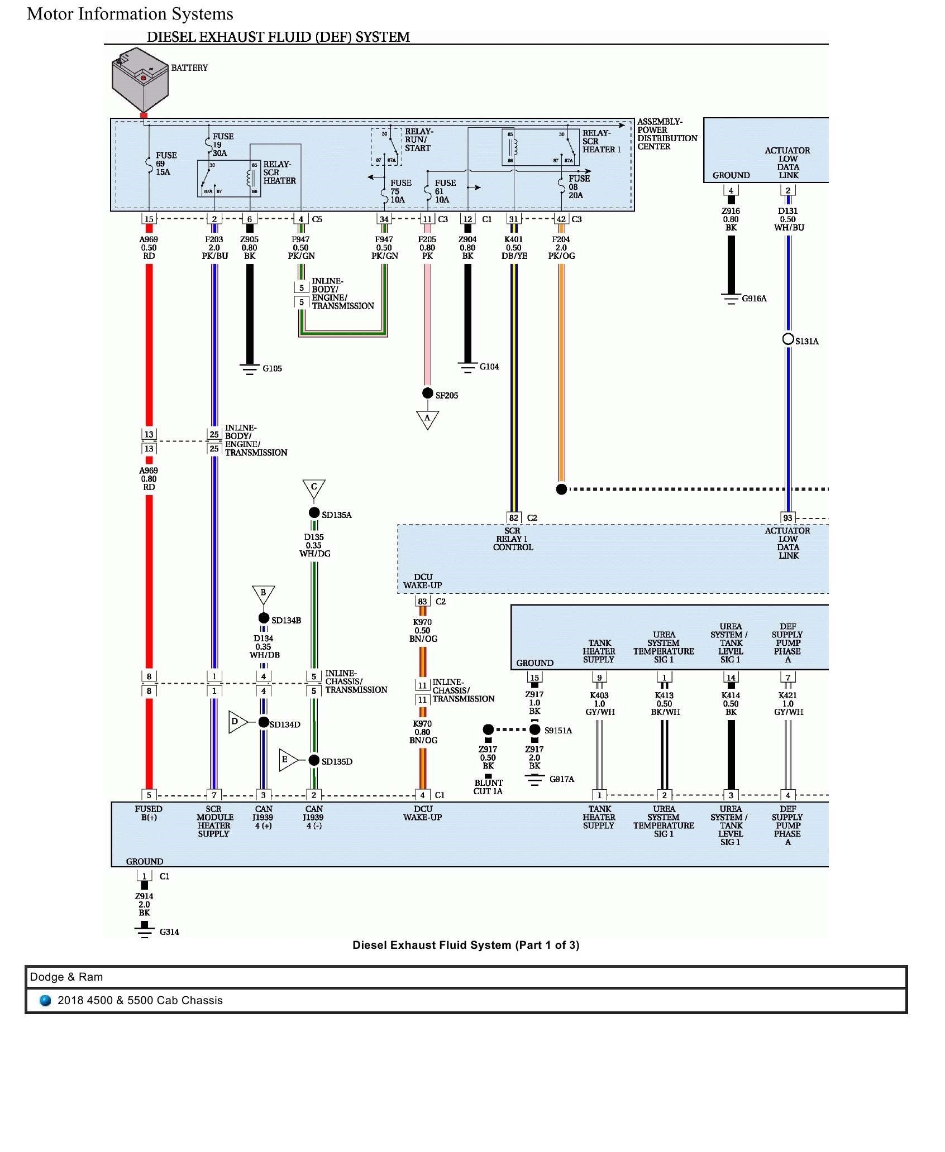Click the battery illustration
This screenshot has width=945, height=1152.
point(140,79)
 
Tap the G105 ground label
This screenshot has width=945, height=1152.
point(272,368)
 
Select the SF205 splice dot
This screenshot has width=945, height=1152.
point(427,393)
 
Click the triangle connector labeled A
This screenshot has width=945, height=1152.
point(427,419)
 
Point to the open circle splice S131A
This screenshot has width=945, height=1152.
point(788,339)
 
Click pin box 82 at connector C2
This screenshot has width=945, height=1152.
point(514,518)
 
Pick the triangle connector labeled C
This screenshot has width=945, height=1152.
point(314,488)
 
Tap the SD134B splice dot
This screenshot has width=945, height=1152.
point(264,618)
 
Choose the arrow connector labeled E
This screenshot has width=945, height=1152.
point(287,760)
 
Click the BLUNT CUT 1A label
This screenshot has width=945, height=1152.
point(488,787)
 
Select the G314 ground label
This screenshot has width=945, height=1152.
point(169,932)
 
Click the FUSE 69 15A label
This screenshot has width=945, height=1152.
point(166,164)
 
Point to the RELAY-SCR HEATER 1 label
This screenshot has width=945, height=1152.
point(601,141)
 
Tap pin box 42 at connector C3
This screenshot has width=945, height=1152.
point(561,219)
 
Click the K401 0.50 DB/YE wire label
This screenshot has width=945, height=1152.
point(514,248)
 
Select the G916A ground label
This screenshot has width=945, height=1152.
point(754,299)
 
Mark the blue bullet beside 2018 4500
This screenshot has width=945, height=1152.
point(45,1001)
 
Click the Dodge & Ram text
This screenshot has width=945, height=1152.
point(66,977)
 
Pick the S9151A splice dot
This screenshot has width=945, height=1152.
point(534,729)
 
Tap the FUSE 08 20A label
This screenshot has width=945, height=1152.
point(578,187)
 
